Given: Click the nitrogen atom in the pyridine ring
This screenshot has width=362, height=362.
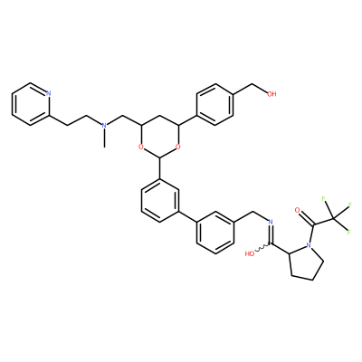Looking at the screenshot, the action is tap(49, 93).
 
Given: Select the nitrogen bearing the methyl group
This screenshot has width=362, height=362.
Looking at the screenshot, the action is tap(104, 125).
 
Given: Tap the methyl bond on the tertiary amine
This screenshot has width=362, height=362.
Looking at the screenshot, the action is tap(104, 138).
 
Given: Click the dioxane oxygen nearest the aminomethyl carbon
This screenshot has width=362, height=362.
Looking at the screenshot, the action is tap(140, 147).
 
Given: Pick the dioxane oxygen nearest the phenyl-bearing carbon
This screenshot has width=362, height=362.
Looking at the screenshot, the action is tap(178, 147).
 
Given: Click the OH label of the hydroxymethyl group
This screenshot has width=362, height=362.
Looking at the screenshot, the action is tap(272, 94).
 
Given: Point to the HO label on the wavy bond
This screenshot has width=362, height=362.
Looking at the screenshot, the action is tap(250, 253).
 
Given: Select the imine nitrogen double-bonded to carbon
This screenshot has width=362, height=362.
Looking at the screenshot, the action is tap(271, 223).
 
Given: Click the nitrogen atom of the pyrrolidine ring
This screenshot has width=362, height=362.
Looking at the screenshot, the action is tap(309, 245).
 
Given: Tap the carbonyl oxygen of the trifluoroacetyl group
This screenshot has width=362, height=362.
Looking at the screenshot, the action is tap(297, 210).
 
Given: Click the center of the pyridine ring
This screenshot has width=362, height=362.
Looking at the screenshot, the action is tap(30, 104).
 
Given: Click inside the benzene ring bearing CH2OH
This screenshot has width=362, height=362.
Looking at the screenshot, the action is tap(215, 104).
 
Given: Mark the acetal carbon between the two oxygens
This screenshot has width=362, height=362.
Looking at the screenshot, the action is tap(159, 157).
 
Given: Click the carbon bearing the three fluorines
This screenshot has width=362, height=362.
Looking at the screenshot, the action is tap(333, 218).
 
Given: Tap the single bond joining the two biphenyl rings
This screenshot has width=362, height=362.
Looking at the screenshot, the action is tap(187, 217).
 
